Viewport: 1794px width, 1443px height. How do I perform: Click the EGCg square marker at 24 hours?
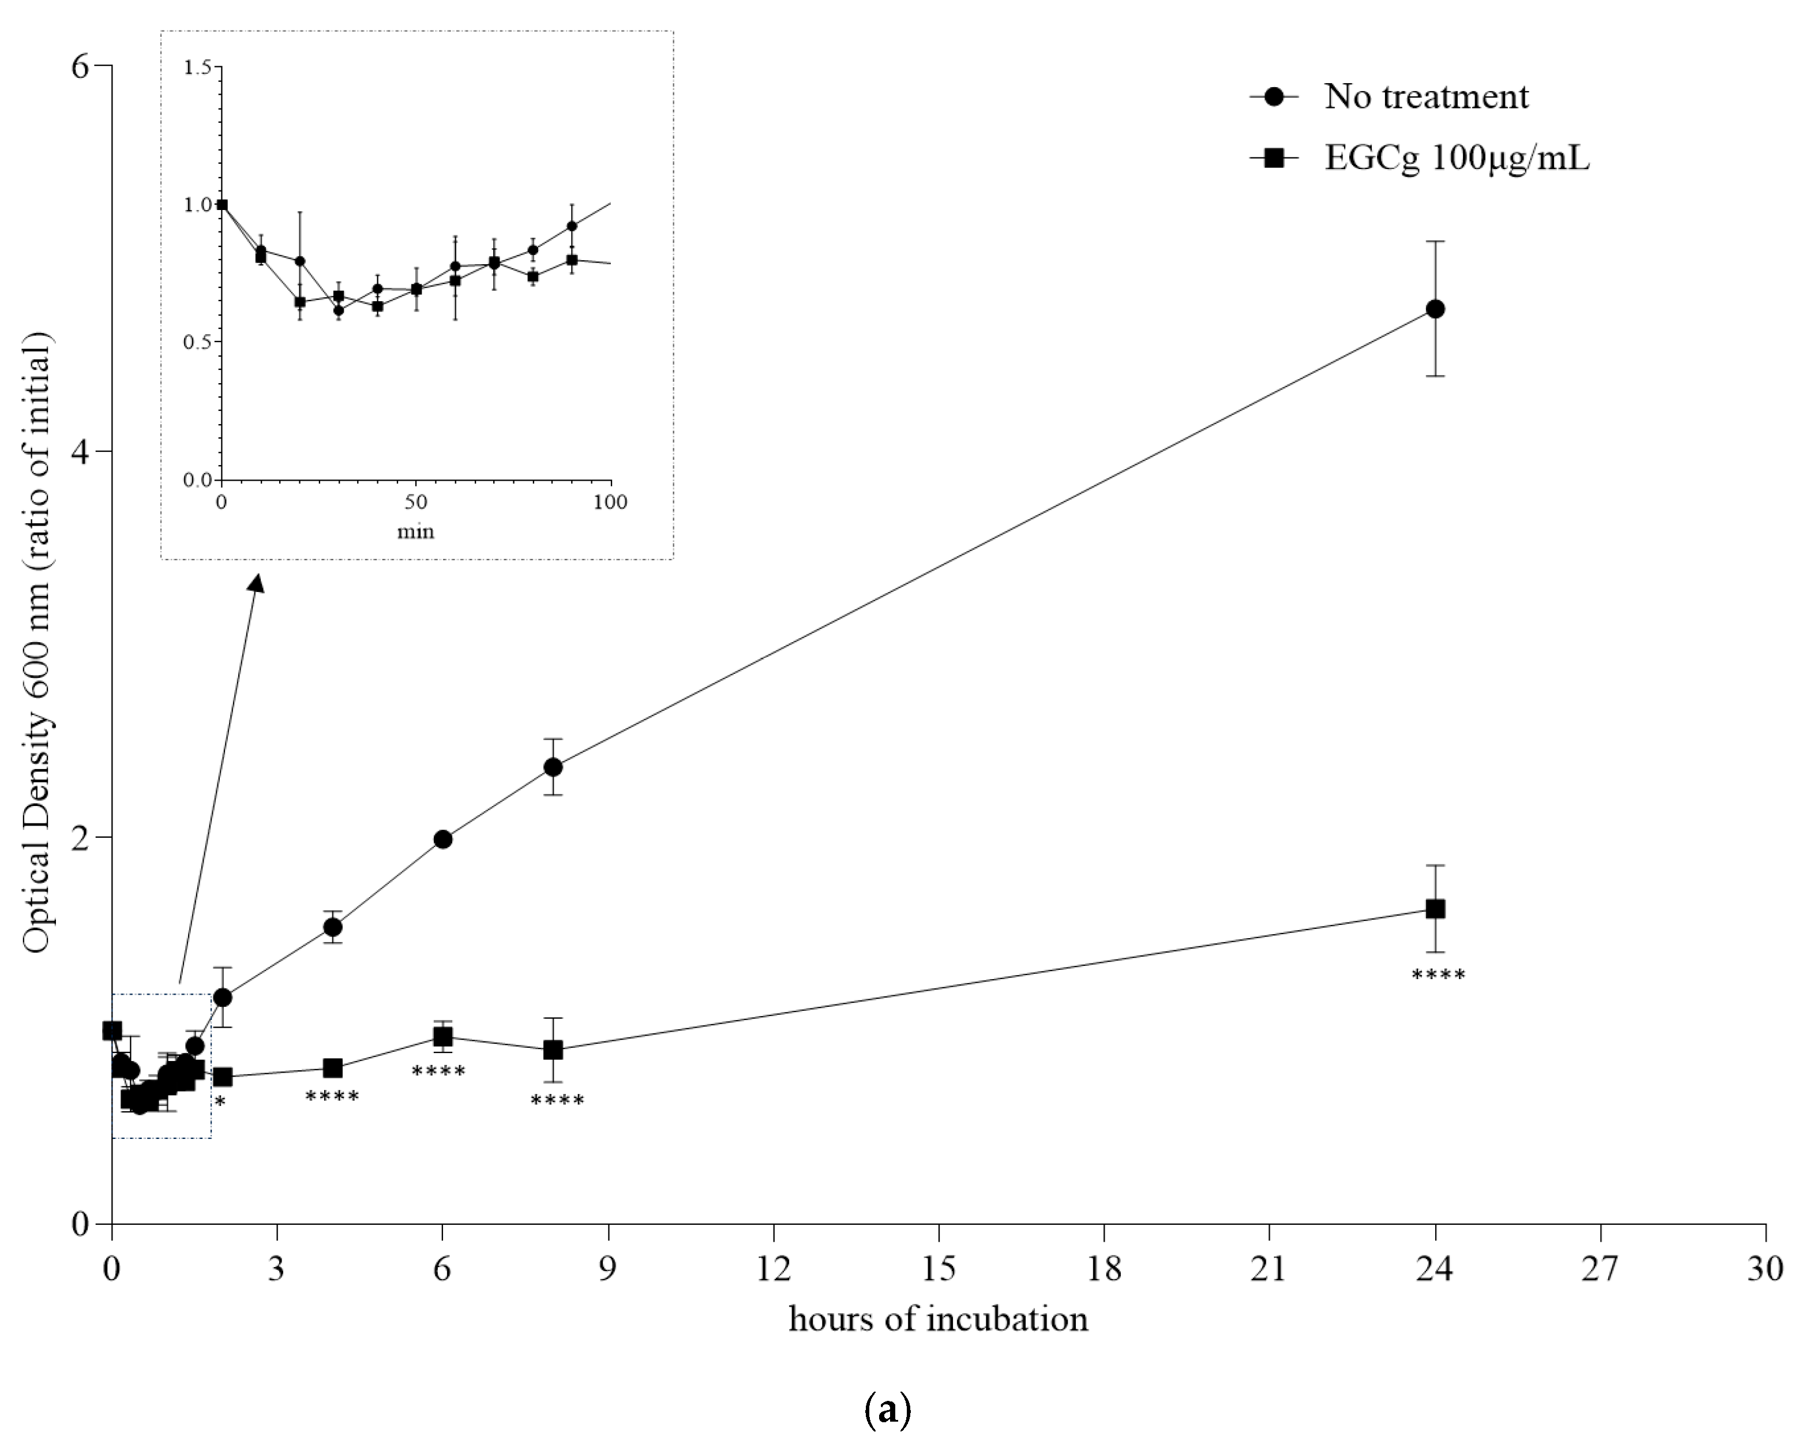point(1435,909)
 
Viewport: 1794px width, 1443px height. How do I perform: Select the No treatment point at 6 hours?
point(442,839)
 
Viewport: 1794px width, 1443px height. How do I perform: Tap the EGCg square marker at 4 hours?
point(333,1068)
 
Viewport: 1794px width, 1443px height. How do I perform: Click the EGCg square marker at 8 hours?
point(553,1050)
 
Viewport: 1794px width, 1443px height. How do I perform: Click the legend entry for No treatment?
point(1425,98)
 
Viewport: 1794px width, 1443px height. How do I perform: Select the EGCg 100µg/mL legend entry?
point(1456,158)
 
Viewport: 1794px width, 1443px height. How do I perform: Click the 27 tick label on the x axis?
point(1600,1269)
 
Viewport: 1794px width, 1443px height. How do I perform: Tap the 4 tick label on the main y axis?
point(79,452)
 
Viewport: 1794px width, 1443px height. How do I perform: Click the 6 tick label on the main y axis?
point(79,66)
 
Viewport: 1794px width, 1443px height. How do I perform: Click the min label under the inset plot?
point(415,531)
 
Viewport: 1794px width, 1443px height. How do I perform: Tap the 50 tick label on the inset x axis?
point(415,502)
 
